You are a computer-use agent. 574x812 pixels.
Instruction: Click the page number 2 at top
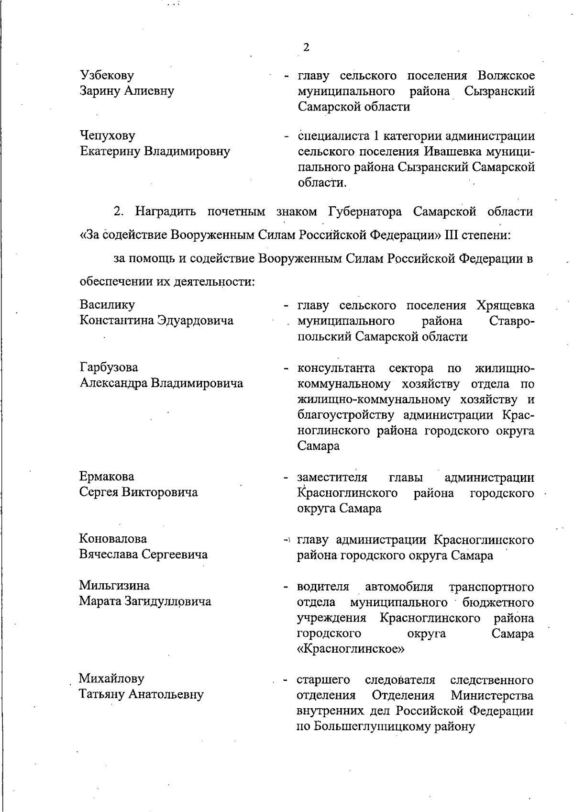coord(306,47)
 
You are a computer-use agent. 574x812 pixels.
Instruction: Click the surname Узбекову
coord(107,76)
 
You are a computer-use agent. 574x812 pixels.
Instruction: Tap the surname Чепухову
coord(107,136)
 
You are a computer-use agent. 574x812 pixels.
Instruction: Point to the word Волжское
coord(506,76)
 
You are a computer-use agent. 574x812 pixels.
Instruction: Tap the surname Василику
coord(107,305)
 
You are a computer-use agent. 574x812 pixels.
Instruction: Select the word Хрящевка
coord(506,305)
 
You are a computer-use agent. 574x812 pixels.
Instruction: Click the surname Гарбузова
coord(109,367)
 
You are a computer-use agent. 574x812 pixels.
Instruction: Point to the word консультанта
coord(336,368)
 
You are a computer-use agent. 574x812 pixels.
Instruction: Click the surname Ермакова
coord(107,477)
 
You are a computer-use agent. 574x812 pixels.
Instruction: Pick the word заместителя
coord(332,478)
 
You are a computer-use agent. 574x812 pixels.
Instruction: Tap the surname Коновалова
coord(113,539)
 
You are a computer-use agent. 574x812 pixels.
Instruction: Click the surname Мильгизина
coord(114,586)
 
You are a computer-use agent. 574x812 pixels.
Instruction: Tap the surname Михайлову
coord(111,679)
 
